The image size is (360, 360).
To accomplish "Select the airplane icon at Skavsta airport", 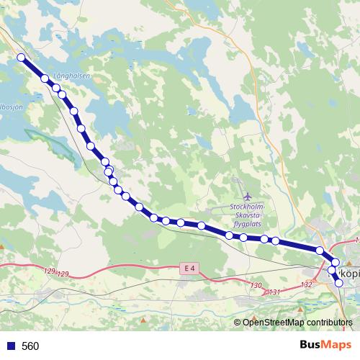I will pyautogui.click(x=248, y=196).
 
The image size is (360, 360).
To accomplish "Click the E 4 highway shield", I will pyautogui.click(x=189, y=269).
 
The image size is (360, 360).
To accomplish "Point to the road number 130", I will pyautogui.click(x=256, y=286).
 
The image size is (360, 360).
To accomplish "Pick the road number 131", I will pyautogui.click(x=273, y=292).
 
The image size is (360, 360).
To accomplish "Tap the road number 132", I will pyautogui.click(x=307, y=285).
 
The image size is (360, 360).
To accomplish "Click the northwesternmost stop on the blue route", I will pyautogui.click(x=21, y=58).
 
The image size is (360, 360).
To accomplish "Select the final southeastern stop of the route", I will pyautogui.click(x=338, y=283).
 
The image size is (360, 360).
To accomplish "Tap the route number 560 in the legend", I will pyautogui.click(x=30, y=346).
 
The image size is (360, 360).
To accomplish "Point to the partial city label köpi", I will pyautogui.click(x=349, y=273).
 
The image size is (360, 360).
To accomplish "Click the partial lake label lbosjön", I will pyautogui.click(x=11, y=107).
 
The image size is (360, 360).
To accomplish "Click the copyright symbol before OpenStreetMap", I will pyautogui.click(x=238, y=322).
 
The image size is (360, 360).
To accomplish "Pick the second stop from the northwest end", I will pyautogui.click(x=45, y=78).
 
